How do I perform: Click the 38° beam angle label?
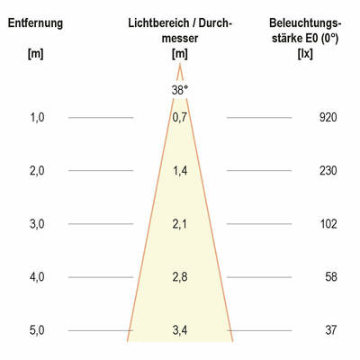180,89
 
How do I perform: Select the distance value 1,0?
36,117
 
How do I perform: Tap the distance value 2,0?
36,170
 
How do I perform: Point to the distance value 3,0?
36,223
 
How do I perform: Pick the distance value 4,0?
36,277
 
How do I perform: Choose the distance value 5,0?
36,330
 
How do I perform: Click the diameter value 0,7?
180,117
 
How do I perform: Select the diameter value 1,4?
180,170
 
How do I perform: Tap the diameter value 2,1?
180,223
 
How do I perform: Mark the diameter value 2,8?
180,277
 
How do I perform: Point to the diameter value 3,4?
180,330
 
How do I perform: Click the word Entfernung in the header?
35,22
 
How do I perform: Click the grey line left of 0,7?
101,117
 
